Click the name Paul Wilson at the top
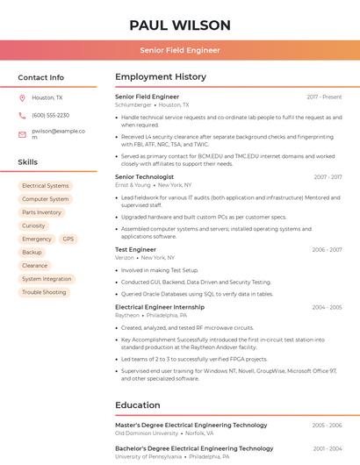(180, 25)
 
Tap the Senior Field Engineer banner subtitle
(180, 50)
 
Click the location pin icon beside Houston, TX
(22, 98)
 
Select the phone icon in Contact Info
(22, 116)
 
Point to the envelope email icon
(22, 134)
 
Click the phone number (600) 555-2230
(50, 116)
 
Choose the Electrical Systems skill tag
(45, 186)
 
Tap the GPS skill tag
(68, 239)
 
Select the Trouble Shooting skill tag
(44, 292)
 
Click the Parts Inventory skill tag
(41, 212)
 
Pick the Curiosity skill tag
(33, 225)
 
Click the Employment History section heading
(160, 77)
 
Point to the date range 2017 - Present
(324, 97)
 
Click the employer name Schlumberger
(133, 104)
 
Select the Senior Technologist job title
(144, 176)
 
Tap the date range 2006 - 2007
(327, 250)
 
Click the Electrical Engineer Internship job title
(159, 307)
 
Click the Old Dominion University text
(147, 433)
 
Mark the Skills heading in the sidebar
(28, 162)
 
